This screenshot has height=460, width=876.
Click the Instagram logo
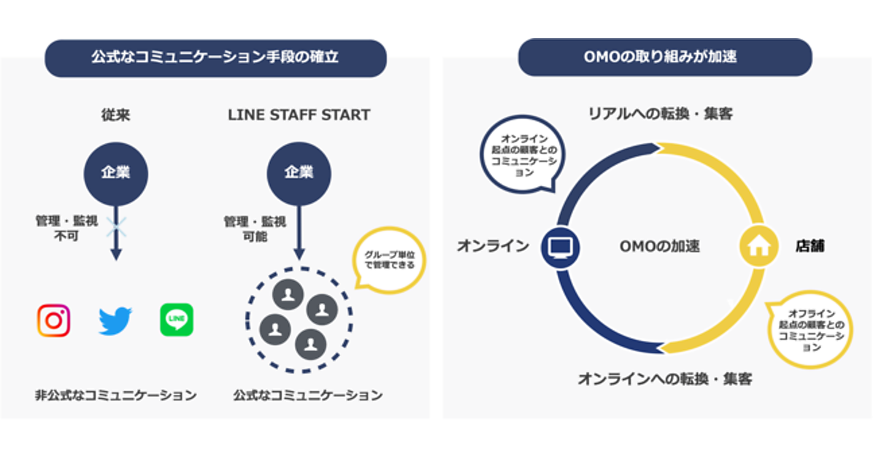coord(54,321)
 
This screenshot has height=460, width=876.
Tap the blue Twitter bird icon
coord(115,321)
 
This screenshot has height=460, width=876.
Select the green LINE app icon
coord(177,320)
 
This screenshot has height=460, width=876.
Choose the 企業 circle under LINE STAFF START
coord(298,172)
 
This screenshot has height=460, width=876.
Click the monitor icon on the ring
coord(561,246)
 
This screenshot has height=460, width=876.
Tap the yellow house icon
coord(759,246)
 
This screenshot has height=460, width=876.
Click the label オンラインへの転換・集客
coord(664,379)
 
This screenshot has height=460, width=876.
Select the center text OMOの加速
coord(659,246)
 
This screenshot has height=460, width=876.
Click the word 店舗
coord(810,246)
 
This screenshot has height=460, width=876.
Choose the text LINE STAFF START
coord(299,115)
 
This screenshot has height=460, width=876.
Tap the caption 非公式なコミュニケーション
coord(115,395)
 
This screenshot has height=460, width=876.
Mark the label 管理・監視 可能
coord(254,228)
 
